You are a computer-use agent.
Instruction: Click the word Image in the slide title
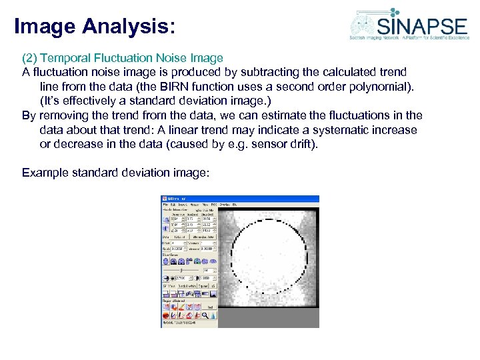(x=44, y=26)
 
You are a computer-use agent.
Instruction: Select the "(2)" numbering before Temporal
(x=30, y=58)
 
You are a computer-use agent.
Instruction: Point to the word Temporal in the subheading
(x=65, y=58)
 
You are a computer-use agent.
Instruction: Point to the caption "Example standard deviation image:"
(x=115, y=173)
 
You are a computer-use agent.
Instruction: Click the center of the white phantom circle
(x=264, y=255)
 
